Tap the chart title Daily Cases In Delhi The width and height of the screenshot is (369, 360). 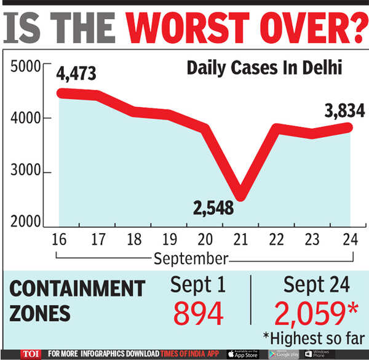coord(264,68)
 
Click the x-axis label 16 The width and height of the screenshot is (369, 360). coord(60,239)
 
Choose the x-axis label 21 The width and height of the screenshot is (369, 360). coord(241,239)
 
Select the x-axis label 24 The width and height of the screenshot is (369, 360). coord(350,239)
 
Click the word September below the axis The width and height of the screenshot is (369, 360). coord(191,257)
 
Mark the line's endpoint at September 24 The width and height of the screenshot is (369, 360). coord(349,127)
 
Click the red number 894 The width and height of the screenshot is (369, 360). coord(198,314)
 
